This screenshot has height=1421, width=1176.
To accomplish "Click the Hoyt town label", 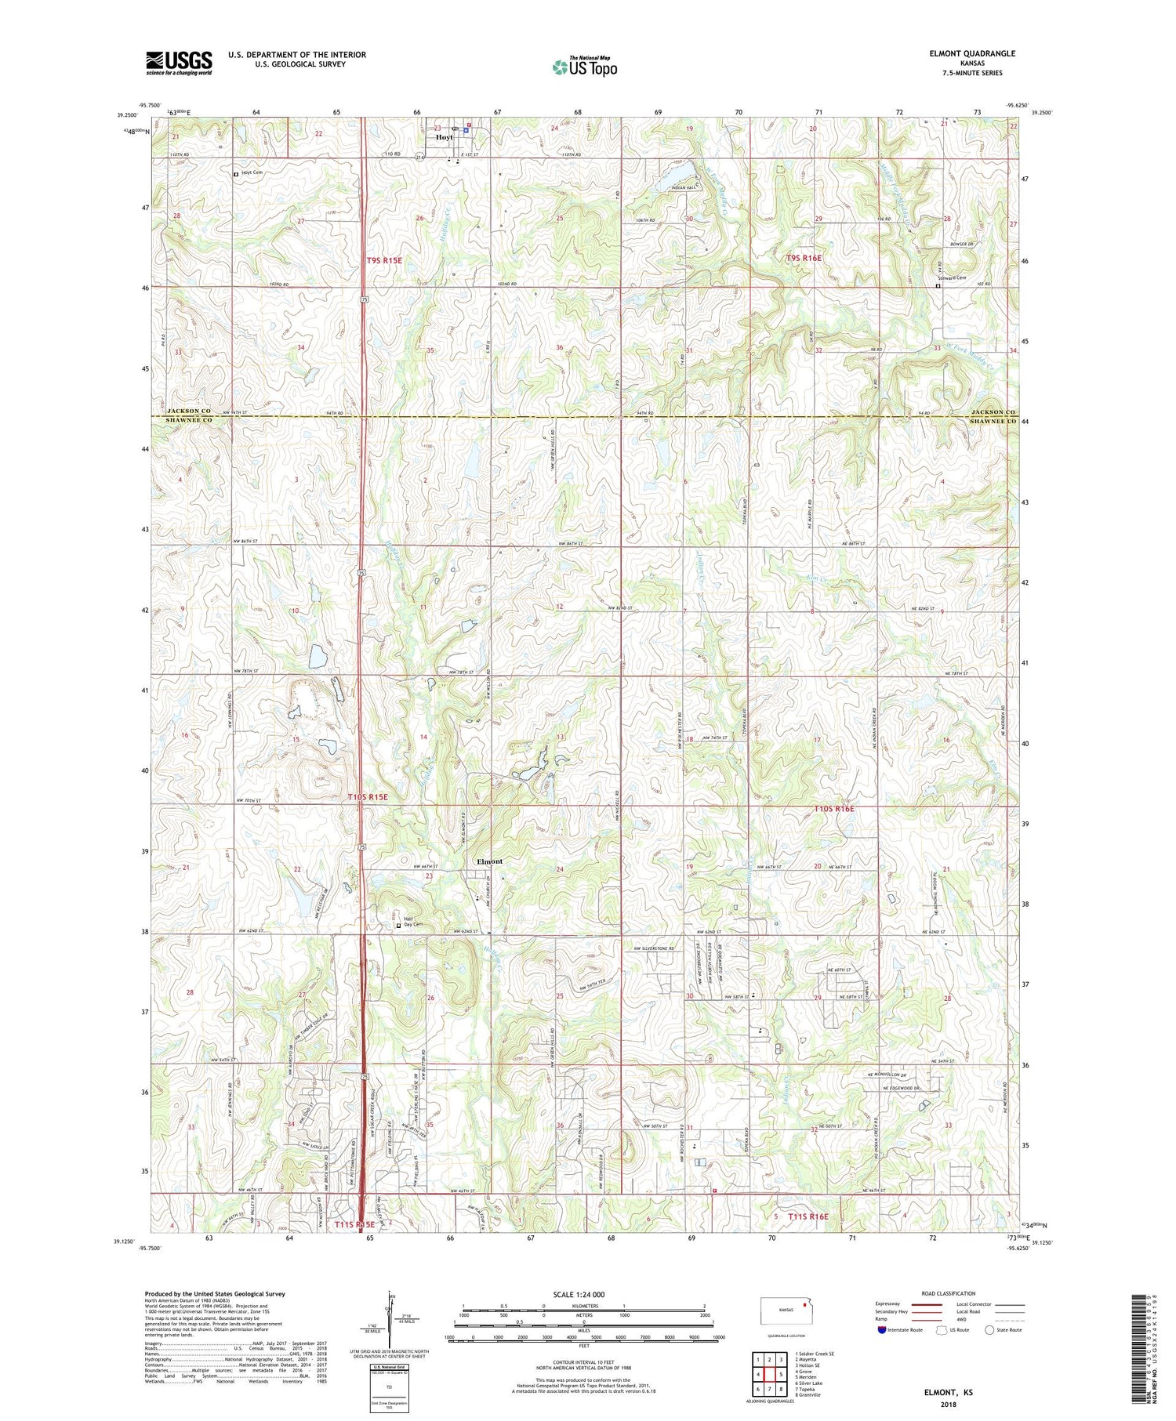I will pyautogui.click(x=444, y=137).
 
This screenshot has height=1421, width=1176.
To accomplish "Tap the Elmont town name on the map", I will pyautogui.click(x=490, y=861).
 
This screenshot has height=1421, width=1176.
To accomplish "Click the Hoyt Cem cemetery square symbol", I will pyautogui.click(x=236, y=175).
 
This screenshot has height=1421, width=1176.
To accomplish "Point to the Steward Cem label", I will pyautogui.click(x=953, y=277).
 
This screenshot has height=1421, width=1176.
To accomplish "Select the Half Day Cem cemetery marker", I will pyautogui.click(x=398, y=925).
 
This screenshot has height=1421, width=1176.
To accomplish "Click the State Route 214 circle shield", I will pyautogui.click(x=420, y=158).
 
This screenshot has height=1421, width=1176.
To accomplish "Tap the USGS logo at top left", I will pyautogui.click(x=179, y=63).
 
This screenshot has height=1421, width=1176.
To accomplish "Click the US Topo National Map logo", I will pyautogui.click(x=584, y=67).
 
